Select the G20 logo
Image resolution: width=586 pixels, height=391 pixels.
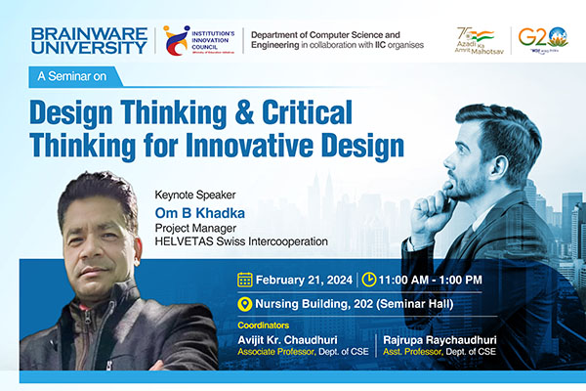(550, 40)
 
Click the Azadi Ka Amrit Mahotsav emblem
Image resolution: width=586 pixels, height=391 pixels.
(480, 40)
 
